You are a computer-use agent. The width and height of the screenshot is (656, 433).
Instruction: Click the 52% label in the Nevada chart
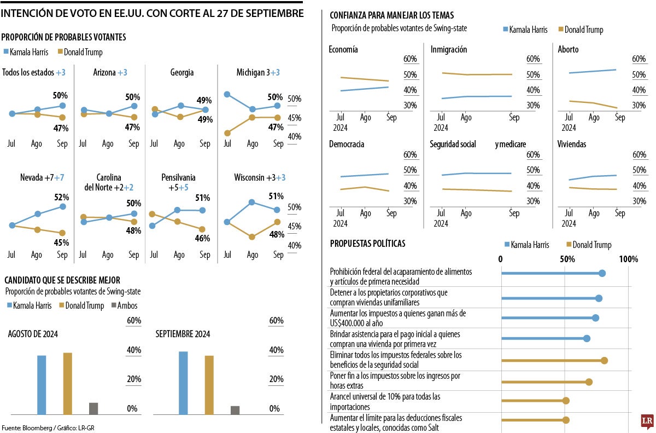61,197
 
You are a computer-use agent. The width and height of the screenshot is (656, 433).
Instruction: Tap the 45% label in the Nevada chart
61,243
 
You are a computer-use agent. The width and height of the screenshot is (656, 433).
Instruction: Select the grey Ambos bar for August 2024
93,408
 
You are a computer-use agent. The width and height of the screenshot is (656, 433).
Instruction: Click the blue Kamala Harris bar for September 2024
183,383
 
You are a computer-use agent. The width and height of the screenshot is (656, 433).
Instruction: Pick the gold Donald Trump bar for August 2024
67,383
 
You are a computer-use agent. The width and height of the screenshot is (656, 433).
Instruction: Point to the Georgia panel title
182,72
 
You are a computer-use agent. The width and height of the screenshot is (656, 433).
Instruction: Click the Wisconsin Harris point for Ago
252,202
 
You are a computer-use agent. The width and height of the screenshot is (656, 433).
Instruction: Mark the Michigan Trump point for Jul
227,132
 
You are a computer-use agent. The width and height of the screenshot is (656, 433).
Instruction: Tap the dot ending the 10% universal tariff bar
566,401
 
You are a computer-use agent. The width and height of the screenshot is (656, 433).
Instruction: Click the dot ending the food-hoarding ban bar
602,273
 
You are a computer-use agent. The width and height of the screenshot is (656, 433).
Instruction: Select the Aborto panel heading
568,50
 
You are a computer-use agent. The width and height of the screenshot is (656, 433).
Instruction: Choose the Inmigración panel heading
449,50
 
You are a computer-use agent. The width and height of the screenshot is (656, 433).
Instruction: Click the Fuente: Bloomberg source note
44,428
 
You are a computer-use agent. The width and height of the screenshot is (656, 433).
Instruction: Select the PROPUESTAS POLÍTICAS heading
367,244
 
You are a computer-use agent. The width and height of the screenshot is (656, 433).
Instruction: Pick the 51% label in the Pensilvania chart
202,198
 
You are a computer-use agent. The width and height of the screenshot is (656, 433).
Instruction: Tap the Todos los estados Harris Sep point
62,106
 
